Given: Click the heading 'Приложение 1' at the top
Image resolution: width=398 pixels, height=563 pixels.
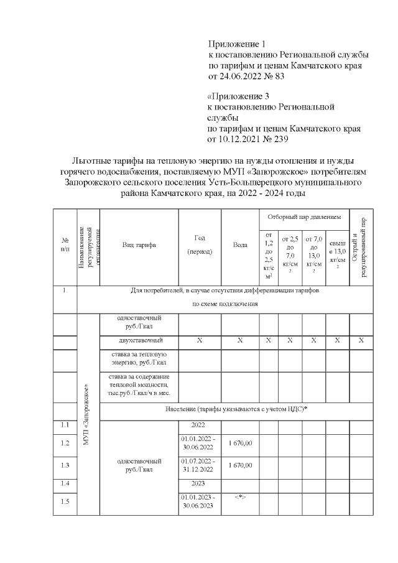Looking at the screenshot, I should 239,44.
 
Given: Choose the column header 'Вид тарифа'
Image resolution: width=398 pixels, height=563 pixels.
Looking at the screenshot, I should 139,244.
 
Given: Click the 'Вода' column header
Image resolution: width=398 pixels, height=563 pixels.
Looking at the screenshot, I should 240,244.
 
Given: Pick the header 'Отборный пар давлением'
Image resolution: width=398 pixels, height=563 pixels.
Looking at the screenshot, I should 304,218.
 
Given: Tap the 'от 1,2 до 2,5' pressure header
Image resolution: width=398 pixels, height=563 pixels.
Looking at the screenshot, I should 269,255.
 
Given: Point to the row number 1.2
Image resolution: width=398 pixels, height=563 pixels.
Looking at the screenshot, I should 65,443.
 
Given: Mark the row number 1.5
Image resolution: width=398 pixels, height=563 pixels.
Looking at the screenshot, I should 65,502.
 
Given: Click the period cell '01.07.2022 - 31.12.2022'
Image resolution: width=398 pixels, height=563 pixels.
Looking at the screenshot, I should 200,465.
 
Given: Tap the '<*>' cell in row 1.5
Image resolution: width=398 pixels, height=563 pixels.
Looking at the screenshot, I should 240,498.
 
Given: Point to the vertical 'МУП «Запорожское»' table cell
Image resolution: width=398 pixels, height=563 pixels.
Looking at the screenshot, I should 88,414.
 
